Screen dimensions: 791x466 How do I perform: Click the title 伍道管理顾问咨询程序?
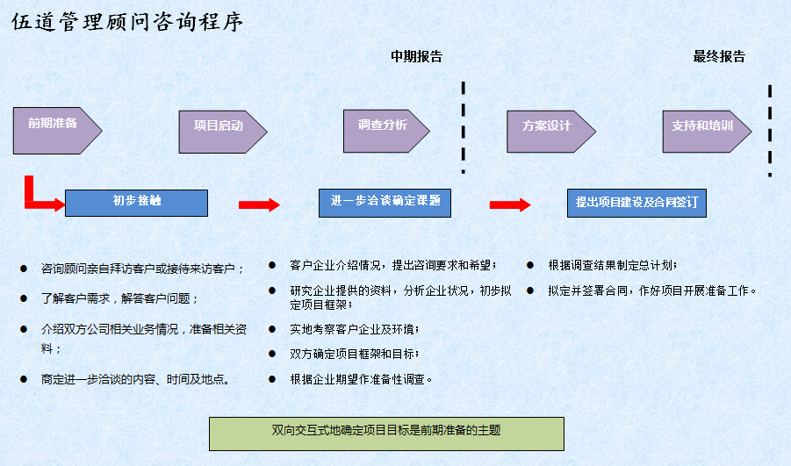[127, 22]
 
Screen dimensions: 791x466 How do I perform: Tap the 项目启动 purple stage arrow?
[223, 133]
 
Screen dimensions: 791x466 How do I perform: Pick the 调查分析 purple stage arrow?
[386, 131]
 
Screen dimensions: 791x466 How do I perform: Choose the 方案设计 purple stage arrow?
[550, 132]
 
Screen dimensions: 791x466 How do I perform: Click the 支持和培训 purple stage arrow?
[707, 132]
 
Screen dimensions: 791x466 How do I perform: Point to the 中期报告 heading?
[417, 56]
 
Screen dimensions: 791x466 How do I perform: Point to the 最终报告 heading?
[719, 56]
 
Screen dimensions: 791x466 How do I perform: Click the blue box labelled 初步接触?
[136, 203]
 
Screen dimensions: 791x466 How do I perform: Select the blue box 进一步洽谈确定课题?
[385, 204]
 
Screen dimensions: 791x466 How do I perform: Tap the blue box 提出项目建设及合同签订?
[636, 204]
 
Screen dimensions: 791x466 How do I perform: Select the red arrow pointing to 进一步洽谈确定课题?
[259, 204]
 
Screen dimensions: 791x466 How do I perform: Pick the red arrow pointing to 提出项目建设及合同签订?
[510, 204]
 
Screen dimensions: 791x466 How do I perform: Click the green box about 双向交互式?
[386, 434]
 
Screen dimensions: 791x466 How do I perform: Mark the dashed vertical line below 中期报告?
[463, 127]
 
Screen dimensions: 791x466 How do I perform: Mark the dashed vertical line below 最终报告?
[770, 131]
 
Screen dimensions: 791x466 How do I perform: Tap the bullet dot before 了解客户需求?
[23, 298]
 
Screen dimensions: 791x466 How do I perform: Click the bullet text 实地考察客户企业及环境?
[354, 329]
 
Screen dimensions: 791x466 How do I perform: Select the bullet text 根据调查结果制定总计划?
[613, 265]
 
